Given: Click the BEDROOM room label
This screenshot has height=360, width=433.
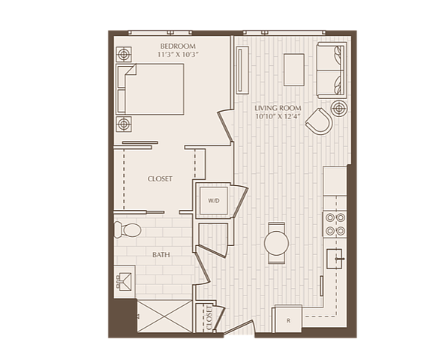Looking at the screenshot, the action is pos(178,46).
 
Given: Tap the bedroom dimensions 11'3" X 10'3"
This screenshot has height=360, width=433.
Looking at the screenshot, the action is pos(178,55).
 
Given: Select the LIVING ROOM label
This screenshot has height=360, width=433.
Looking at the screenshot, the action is pos(278,108).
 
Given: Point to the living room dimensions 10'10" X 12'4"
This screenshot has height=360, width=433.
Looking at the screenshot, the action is pos(278,116).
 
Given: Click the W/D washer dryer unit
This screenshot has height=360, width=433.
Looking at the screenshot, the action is pos(214,201).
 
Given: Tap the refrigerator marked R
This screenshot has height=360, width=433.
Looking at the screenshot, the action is pos(288,319).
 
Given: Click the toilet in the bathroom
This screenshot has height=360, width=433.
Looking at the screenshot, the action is pos(128,229).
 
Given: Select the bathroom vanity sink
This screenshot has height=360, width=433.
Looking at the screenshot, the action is pos(125,281).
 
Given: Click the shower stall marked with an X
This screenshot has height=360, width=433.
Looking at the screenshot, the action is pos(164,316).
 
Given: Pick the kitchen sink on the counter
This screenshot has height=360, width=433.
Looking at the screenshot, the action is pos(335,259).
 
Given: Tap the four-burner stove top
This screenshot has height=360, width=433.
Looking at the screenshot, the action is pos(335,224).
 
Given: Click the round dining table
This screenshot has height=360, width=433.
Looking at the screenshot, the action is pos(276,243).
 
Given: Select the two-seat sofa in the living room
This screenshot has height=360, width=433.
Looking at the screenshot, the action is pos(332,70).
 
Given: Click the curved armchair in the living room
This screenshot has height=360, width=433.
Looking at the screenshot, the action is pos(319,121).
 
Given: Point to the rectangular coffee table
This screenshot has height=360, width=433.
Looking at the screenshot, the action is pos(294,70).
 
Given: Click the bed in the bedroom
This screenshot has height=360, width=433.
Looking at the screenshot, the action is pos(149,89).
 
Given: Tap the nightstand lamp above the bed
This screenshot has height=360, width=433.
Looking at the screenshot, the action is pos(124,55).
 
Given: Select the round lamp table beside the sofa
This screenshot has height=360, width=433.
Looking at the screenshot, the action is pos(339,109).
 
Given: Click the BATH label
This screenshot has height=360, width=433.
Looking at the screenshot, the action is pos(161,254).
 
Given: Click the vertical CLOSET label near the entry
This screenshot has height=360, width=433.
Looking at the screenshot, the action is pos(209,317).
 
